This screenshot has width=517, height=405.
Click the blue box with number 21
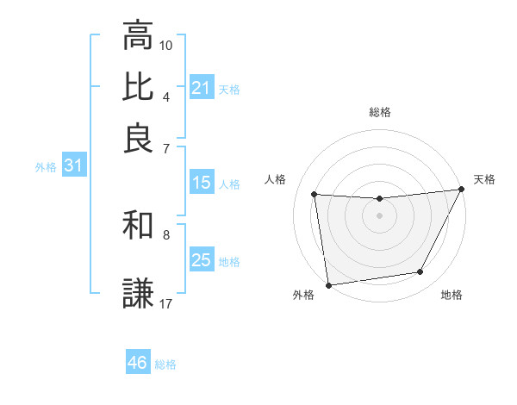tap(201, 88)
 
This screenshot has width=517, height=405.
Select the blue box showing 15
tap(201, 183)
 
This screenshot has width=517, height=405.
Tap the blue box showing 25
tap(201, 260)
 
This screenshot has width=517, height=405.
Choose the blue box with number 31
tap(73, 166)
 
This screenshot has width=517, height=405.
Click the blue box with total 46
tap(137, 363)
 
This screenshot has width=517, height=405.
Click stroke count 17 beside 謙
tap(166, 303)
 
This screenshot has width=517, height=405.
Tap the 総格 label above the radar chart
tap(379, 112)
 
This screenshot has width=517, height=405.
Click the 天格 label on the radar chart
tap(484, 179)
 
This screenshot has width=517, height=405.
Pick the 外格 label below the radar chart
tap(302, 296)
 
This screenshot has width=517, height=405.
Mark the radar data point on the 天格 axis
tap(462, 190)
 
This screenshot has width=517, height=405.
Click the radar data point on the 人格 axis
tap(315, 195)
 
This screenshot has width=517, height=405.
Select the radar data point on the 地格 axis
tap(420, 272)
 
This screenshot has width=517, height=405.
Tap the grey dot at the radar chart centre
tap(379, 216)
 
